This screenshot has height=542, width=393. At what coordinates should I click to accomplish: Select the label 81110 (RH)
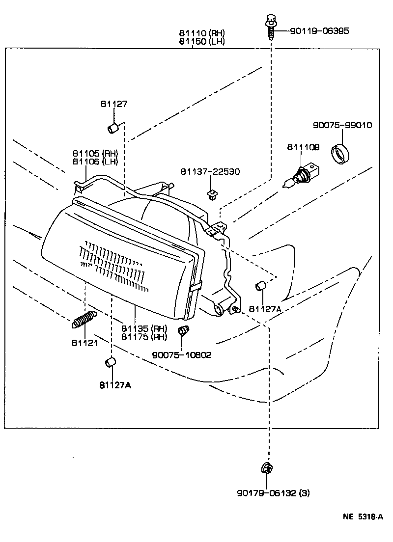click(201, 33)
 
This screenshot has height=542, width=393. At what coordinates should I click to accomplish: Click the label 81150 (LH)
click(201, 41)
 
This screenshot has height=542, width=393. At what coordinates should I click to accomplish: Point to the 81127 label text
click(114, 104)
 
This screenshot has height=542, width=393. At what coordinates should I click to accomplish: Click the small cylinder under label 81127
click(112, 129)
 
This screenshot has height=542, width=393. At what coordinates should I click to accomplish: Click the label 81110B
click(303, 147)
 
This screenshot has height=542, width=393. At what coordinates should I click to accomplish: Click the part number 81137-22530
click(210, 171)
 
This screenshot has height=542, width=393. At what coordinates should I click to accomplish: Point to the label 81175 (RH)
click(144, 336)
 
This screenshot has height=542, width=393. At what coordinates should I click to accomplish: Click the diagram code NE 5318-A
click(363, 517)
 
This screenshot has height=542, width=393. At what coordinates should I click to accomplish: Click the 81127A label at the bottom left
click(115, 385)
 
